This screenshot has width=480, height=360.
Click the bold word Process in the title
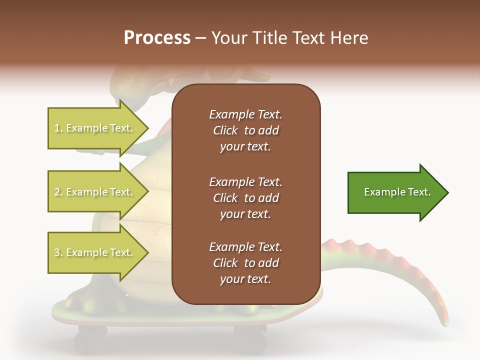(x=157, y=38)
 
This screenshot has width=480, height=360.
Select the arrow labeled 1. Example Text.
(x=95, y=128)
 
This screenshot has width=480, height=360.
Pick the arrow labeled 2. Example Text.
(x=95, y=192)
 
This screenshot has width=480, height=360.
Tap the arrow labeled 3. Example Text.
(x=95, y=252)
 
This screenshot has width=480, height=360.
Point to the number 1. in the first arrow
(x=58, y=128)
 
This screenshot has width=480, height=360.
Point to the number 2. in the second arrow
(x=58, y=192)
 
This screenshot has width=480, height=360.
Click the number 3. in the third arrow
(x=58, y=252)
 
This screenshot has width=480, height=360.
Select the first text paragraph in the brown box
(x=245, y=130)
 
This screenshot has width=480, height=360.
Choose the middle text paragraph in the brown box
(x=245, y=198)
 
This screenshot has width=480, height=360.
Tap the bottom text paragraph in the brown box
(x=245, y=263)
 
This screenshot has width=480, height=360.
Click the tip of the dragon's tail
(x=444, y=322)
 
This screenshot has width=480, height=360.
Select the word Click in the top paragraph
(x=225, y=130)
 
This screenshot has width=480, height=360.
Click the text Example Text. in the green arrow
(x=397, y=192)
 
